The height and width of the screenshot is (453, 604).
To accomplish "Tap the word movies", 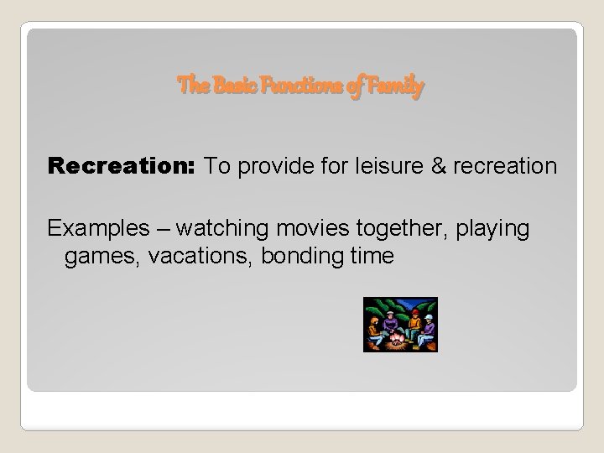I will coord(291,228).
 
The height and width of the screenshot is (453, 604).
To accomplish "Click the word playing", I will coord(492,228).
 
